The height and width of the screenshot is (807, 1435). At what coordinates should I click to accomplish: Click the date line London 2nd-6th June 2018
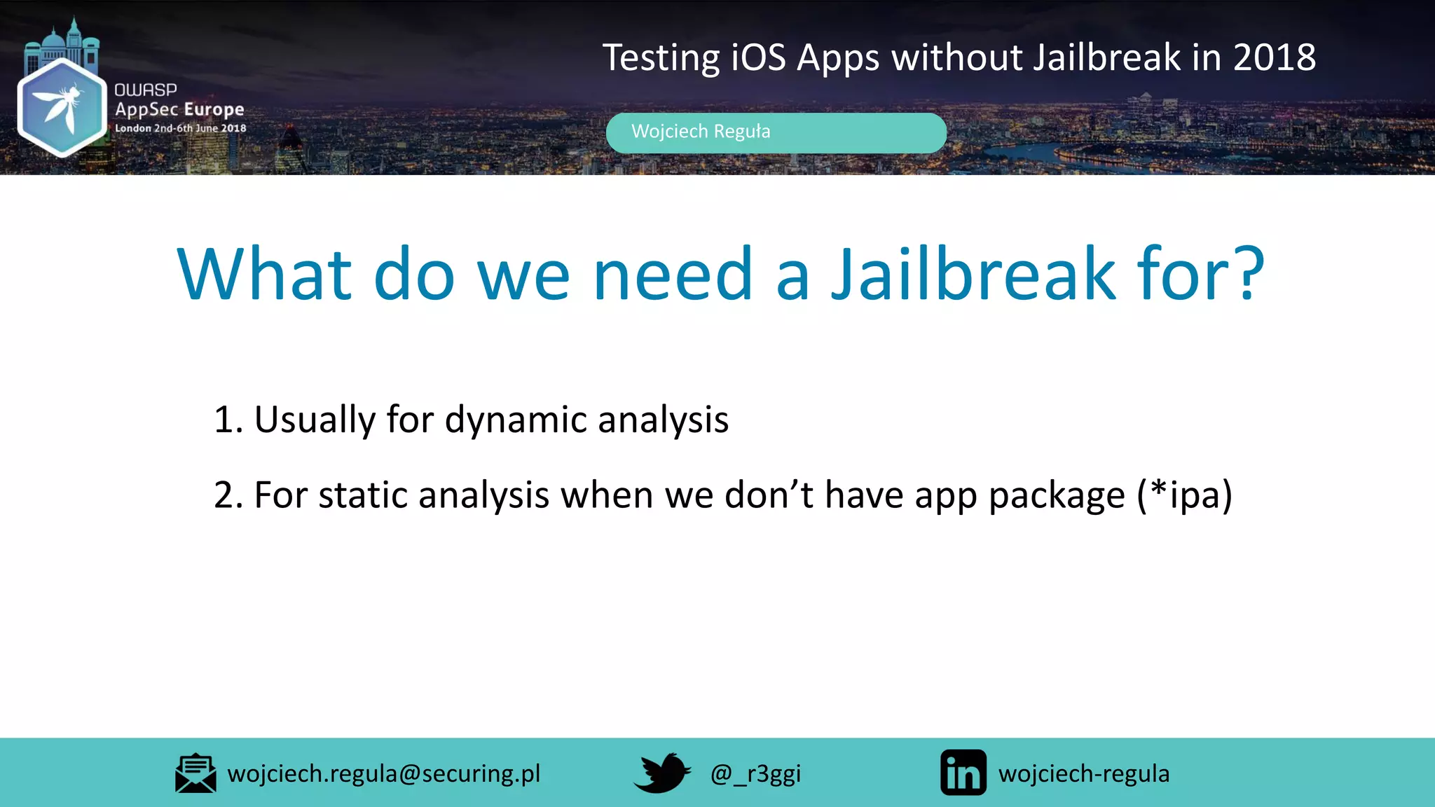180,128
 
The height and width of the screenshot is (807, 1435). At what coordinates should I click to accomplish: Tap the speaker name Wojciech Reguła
700,132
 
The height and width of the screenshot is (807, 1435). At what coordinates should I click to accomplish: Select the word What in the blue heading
264,275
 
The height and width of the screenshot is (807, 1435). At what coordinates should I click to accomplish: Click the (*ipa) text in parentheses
1184,495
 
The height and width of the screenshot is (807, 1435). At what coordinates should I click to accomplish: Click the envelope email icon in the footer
195,773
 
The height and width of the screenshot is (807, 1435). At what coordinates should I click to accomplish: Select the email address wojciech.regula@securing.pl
384,773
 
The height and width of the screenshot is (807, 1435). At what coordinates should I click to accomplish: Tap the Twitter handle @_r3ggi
755,774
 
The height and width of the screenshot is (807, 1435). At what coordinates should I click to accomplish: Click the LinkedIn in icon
963,773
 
